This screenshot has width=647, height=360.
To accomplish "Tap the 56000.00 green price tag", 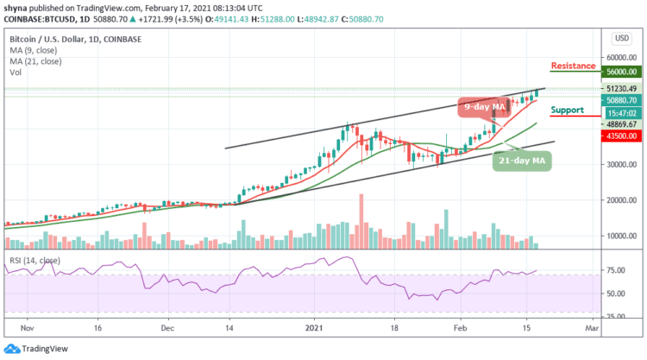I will [x=619, y=73].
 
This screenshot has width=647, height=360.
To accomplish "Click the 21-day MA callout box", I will [x=522, y=159].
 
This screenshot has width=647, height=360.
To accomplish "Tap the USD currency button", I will [x=620, y=39].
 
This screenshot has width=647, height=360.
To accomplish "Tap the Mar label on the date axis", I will [x=592, y=329].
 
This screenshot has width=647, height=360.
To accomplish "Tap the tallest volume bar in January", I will [x=361, y=222].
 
